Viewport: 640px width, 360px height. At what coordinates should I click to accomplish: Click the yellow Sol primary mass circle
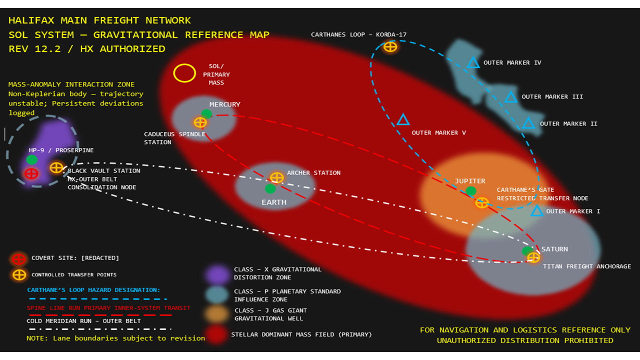click(184, 73)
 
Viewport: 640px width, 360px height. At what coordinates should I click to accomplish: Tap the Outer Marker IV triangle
click(473, 63)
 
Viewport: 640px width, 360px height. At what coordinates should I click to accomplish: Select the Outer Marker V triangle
click(403, 120)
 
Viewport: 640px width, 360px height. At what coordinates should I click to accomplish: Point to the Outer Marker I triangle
click(537, 211)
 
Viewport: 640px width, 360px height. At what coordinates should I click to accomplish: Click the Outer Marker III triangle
click(510, 97)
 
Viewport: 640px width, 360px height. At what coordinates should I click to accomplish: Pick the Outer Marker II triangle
click(528, 123)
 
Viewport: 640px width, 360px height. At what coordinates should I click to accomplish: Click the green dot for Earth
click(270, 188)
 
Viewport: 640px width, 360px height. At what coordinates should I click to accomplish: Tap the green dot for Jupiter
click(471, 190)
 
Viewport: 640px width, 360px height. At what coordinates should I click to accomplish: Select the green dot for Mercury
click(206, 113)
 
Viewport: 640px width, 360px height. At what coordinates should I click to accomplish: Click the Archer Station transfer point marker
click(276, 177)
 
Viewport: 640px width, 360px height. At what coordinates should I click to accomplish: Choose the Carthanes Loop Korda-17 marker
click(390, 47)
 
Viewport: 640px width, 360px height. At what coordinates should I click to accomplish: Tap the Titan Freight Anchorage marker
click(533, 257)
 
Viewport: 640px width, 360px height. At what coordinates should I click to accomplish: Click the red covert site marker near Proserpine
click(31, 173)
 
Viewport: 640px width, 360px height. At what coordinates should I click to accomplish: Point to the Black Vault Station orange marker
click(56, 168)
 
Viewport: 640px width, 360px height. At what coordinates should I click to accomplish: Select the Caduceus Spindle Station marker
click(200, 122)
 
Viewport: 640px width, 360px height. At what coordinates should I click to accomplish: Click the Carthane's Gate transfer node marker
click(481, 202)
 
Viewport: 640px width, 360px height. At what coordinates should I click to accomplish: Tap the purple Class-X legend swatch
click(217, 274)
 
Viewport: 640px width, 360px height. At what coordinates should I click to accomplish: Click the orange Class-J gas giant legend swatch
click(217, 314)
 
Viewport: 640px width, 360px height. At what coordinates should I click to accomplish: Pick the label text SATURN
click(554, 249)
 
